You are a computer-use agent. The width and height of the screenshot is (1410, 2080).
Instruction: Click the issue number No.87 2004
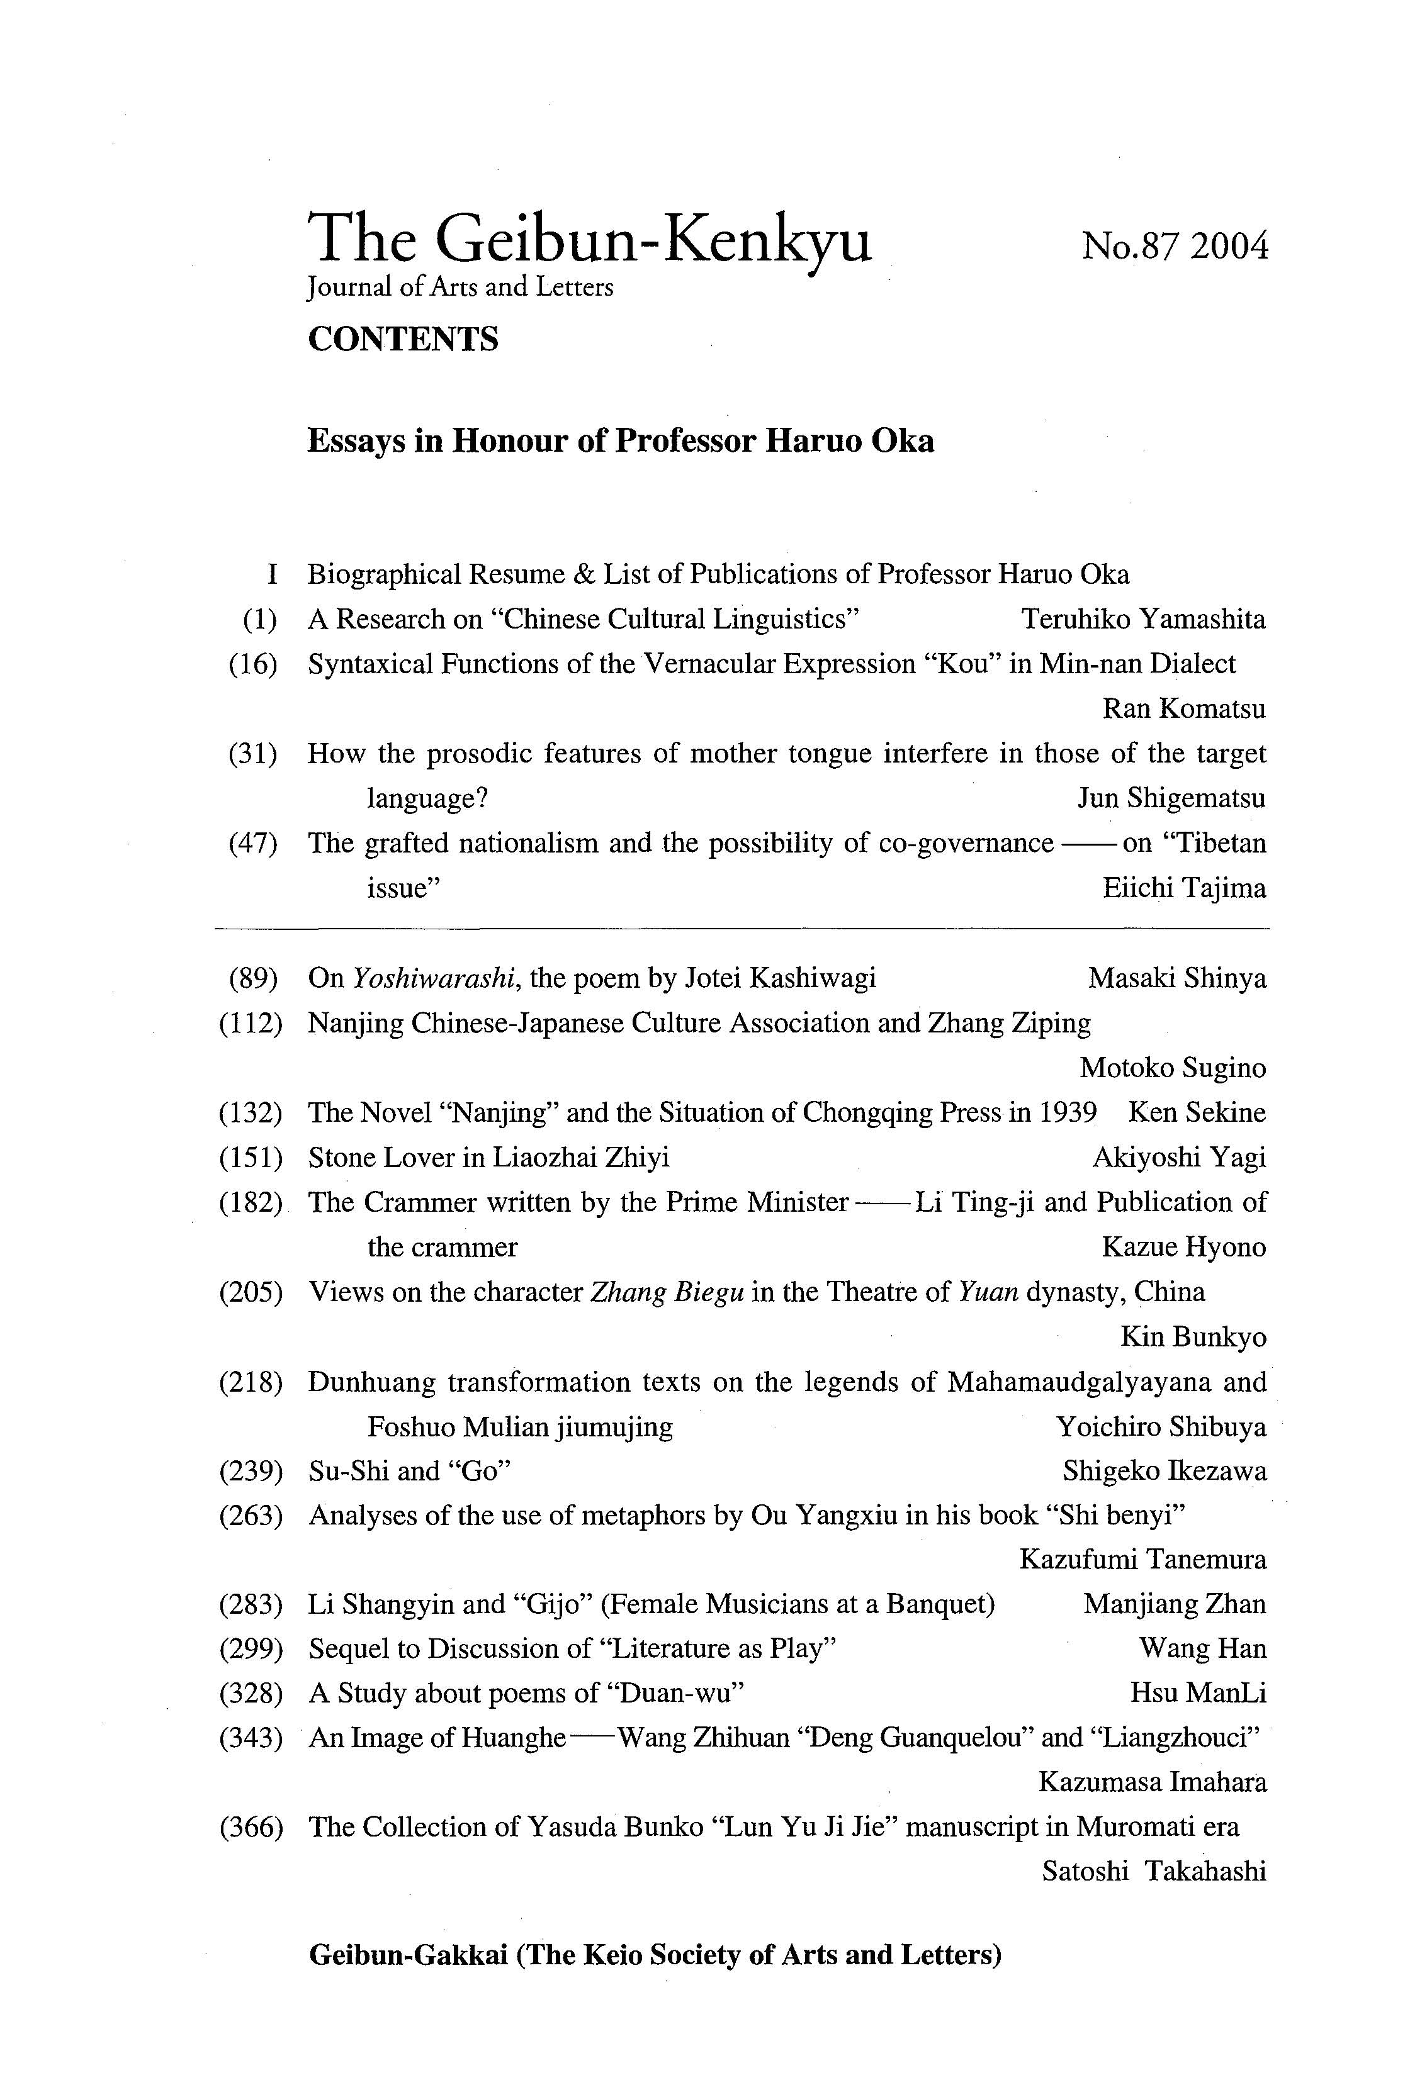click(x=1175, y=246)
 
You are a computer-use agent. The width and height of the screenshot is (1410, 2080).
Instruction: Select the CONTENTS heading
click(x=403, y=339)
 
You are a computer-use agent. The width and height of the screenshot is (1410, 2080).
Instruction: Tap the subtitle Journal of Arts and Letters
click(x=460, y=288)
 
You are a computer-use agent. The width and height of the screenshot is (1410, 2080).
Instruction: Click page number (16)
click(x=252, y=664)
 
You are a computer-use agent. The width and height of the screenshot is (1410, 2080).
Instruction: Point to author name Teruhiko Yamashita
click(x=1143, y=619)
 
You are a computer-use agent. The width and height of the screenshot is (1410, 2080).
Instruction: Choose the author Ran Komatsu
click(x=1183, y=709)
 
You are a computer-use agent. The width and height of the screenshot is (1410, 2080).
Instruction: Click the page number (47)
click(x=252, y=843)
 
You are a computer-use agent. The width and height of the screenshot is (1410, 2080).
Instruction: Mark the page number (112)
click(x=251, y=1023)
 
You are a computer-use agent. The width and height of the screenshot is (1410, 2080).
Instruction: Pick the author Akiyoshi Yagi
click(x=1179, y=1157)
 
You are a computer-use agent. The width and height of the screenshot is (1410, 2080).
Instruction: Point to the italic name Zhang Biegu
click(x=667, y=1292)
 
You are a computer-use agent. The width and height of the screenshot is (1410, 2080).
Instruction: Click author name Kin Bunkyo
click(x=1193, y=1337)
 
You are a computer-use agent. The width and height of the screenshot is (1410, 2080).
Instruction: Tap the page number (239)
click(x=251, y=1472)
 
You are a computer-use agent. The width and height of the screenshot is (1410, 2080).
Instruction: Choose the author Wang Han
click(x=1202, y=1648)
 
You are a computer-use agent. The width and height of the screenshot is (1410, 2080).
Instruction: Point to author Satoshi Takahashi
click(x=1154, y=1872)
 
